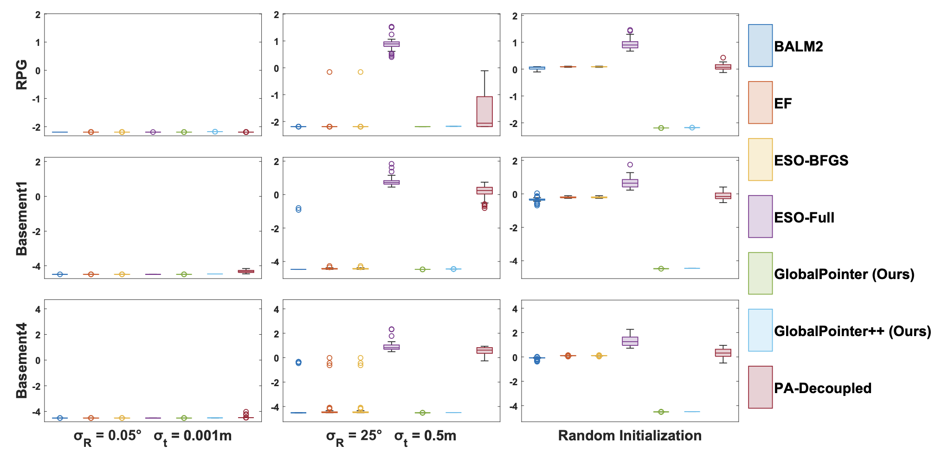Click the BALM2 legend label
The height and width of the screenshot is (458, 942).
[x=798, y=46]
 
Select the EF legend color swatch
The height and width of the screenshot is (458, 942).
[x=760, y=102]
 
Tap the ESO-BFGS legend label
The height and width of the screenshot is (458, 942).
[x=811, y=160]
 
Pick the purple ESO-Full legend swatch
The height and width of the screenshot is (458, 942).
[x=760, y=216]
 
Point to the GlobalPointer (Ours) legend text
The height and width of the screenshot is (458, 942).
[x=844, y=274]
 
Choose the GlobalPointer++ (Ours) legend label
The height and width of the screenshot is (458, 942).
[x=852, y=331]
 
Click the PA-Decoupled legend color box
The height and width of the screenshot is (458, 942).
[x=760, y=387]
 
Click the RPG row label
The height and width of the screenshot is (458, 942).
[x=22, y=75]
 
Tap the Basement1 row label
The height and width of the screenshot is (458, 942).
[x=22, y=218]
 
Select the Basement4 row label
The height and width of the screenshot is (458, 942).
[x=22, y=361]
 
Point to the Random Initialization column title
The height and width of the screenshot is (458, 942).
[x=630, y=436]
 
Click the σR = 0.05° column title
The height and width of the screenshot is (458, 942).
[x=153, y=436]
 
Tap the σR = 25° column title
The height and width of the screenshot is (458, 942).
[x=391, y=436]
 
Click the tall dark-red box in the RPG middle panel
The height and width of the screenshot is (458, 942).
[x=484, y=111]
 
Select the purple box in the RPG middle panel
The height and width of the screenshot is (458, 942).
[x=391, y=44]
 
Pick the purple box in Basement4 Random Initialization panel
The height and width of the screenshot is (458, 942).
[x=630, y=341]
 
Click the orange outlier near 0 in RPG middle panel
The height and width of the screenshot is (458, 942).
[x=329, y=72]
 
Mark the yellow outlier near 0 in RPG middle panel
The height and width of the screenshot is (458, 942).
[x=361, y=72]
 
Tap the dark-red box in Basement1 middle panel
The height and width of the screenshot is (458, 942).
[x=484, y=191]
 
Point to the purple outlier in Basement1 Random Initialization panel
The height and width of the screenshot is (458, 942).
[x=630, y=165]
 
